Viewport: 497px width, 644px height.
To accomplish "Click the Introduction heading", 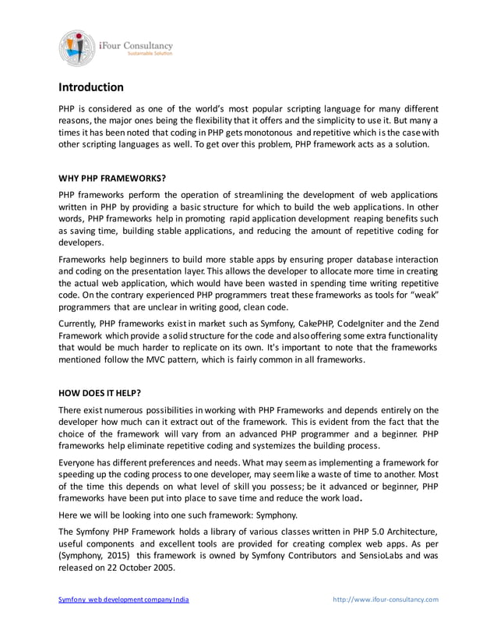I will click(x=91, y=87).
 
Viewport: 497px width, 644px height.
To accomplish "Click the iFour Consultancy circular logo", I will click(x=76, y=47).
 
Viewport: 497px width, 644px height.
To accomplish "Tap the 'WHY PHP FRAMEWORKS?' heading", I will click(x=112, y=178).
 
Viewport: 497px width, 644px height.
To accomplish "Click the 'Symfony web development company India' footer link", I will click(x=124, y=600).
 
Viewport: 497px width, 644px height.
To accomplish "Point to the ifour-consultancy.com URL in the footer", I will click(x=386, y=600).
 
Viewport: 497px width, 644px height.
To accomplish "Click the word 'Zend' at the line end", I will click(x=426, y=324).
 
